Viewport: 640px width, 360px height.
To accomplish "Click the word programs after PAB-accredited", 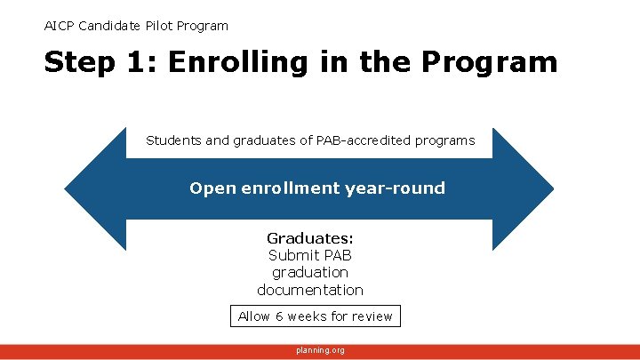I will pyautogui.click(x=444, y=140).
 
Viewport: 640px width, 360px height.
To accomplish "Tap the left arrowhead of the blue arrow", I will pyautogui.click(x=89, y=188).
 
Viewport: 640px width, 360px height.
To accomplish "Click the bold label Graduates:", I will pyautogui.click(x=310, y=238).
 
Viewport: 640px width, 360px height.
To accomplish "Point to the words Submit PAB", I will pyautogui.click(x=310, y=255).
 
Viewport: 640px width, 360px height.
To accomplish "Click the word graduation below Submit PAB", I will pyautogui.click(x=310, y=272).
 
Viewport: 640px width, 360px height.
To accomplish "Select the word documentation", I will pyautogui.click(x=310, y=290).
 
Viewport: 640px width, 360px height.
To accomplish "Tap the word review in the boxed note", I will pyautogui.click(x=372, y=316).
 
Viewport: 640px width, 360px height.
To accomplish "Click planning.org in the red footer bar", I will pyautogui.click(x=320, y=350).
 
